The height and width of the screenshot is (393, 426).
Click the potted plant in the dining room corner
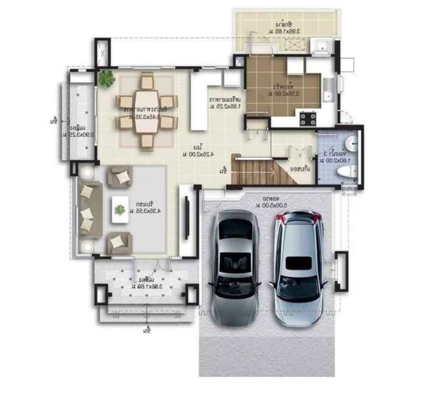106,79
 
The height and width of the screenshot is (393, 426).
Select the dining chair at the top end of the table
147,82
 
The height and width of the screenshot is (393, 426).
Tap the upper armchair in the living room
120,177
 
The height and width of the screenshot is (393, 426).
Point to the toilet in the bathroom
346,171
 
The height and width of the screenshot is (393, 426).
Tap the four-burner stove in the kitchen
308,119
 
